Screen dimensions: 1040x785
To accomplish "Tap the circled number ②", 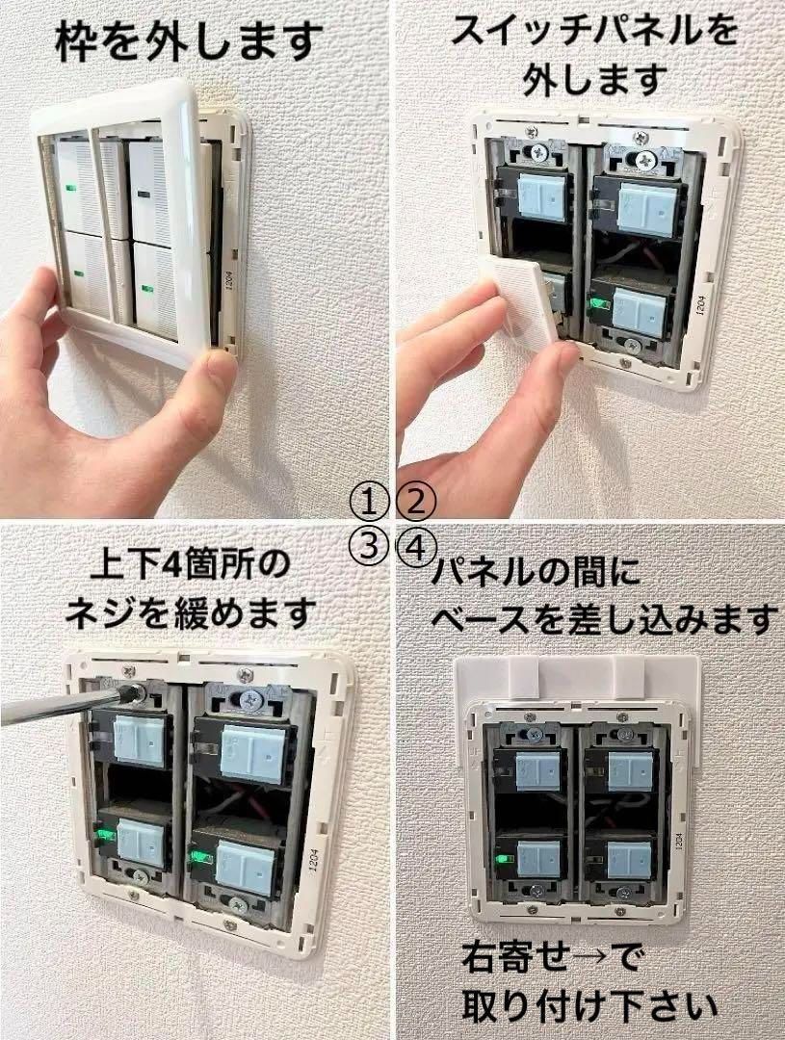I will (416, 501).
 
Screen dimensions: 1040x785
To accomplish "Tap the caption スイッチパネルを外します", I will (594, 53).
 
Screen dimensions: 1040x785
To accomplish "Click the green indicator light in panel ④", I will (502, 856).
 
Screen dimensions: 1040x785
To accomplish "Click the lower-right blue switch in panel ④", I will (631, 856).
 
